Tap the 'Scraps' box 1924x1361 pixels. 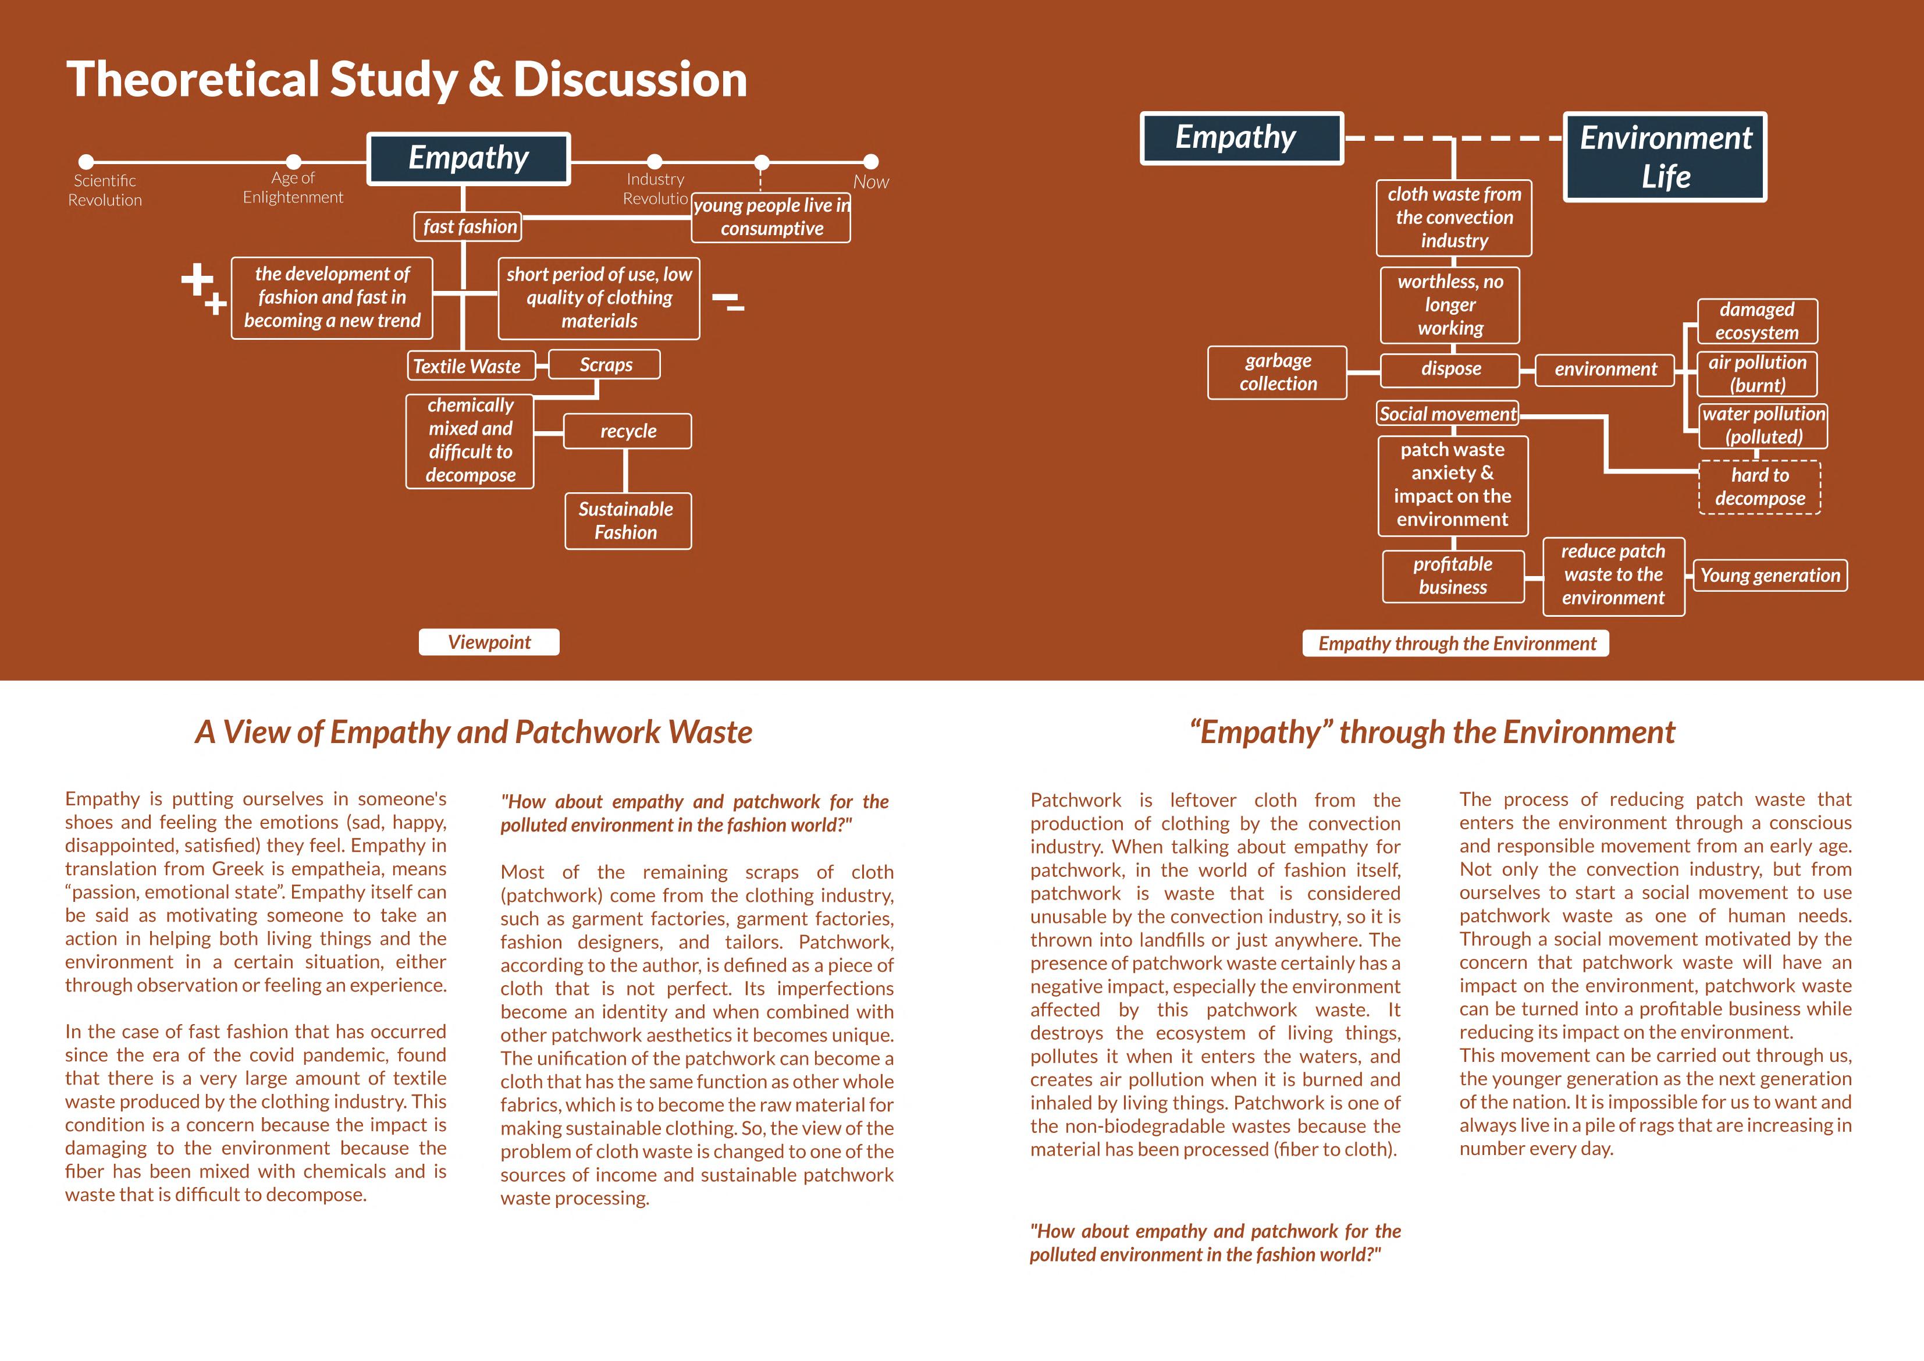coord(605,365)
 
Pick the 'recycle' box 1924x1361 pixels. coord(628,431)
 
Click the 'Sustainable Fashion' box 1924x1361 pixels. coord(627,520)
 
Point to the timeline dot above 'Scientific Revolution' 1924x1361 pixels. coord(86,162)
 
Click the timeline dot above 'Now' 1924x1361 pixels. coord(871,162)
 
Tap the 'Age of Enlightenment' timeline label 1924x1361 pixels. coord(293,188)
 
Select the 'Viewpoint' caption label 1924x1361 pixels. coord(489,642)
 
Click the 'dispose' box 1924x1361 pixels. coord(1450,369)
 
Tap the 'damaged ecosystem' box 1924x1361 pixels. coord(1756,321)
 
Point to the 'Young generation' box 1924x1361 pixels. coord(1770,575)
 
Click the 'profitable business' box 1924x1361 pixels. coord(1452,575)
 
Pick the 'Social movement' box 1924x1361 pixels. coord(1447,414)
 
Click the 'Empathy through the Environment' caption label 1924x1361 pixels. coord(1456,644)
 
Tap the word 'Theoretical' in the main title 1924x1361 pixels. coord(192,80)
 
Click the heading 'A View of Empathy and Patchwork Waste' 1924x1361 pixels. coord(474,731)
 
